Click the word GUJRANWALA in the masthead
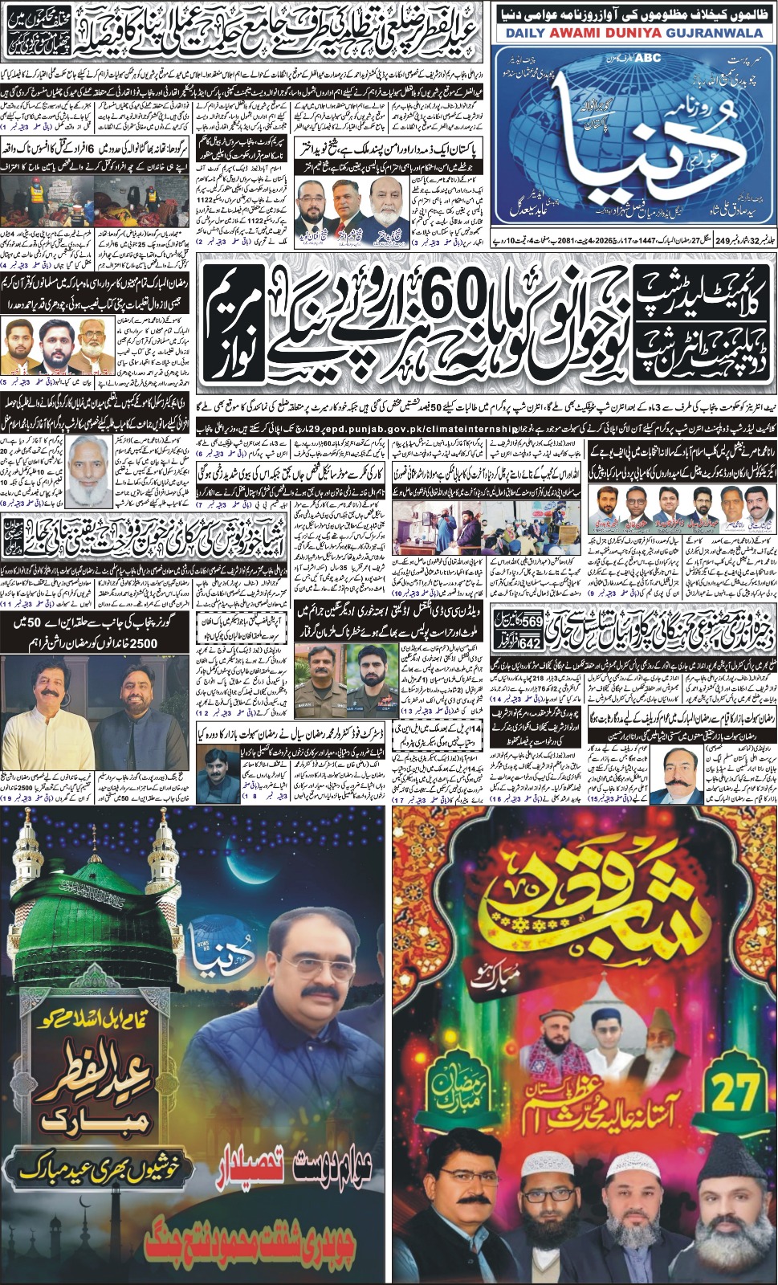[720, 33]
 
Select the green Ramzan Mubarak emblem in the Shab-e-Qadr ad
[448, 1091]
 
